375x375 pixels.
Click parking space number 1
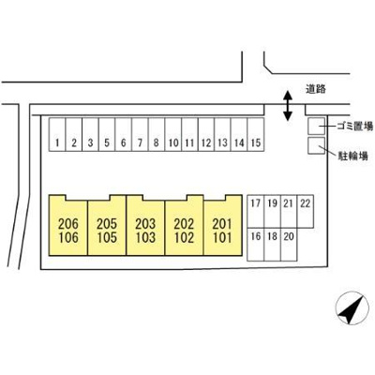coord(57,134)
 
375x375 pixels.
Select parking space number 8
coord(157,134)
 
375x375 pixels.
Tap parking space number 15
coord(256,134)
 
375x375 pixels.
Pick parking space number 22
coord(306,212)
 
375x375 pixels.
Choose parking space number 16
coord(256,245)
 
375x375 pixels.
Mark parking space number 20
coord(289,245)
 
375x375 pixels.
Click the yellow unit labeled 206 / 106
coord(68,225)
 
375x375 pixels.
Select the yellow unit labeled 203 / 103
coord(145,225)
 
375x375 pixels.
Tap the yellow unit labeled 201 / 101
coord(222,225)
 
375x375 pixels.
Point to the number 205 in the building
coord(107,224)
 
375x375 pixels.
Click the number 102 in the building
coord(184,238)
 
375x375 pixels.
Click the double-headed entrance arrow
coord(287,106)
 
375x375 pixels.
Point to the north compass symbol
coord(351,309)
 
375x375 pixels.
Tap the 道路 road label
coord(316,89)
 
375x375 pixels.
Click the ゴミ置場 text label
coord(355,127)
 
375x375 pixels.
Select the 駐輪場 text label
coord(353,156)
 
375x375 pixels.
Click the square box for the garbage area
coord(316,127)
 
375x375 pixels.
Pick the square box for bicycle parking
coord(316,145)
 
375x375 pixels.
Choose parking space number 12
coord(206,134)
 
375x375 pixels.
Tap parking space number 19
coord(272,212)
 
